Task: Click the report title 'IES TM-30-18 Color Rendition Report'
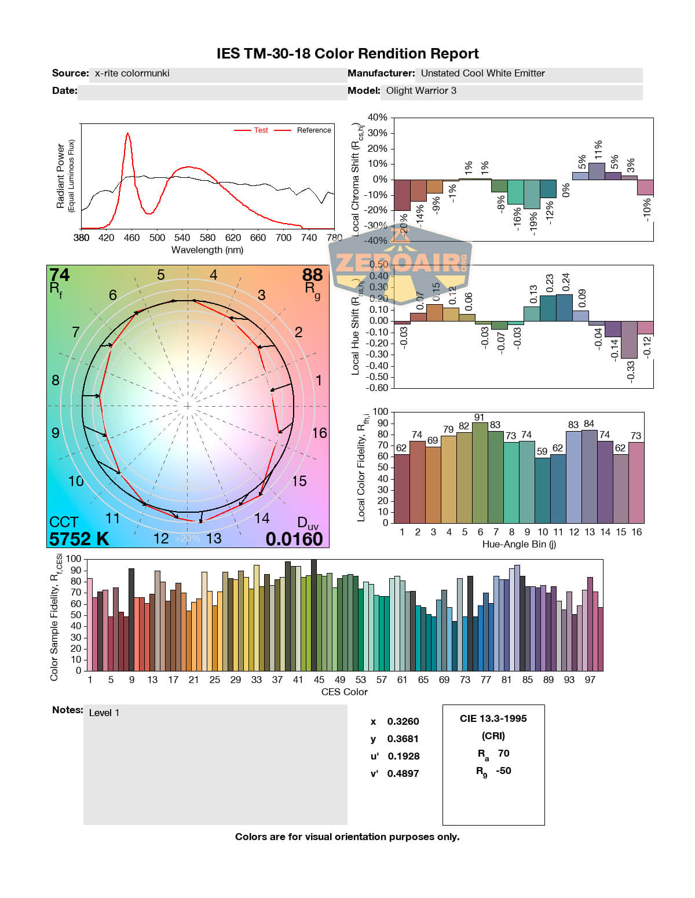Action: (348, 54)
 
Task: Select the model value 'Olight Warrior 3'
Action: (421, 91)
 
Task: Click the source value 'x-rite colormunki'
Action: (132, 74)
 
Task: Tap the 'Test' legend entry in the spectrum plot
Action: (261, 130)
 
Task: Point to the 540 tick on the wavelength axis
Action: (182, 238)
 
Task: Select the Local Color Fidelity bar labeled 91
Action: (480, 472)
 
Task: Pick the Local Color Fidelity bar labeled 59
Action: (542, 490)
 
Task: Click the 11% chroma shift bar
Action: (597, 171)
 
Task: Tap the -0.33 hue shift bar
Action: (629, 340)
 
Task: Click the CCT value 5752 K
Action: (79, 539)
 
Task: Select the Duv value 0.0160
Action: (294, 539)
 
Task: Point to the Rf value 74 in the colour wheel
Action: (59, 275)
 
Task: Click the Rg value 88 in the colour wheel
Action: (312, 275)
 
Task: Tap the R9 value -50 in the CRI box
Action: (503, 771)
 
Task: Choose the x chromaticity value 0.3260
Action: (403, 721)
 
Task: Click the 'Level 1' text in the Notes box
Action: (104, 713)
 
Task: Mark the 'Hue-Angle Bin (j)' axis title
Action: (519, 544)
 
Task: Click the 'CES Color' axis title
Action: (344, 692)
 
